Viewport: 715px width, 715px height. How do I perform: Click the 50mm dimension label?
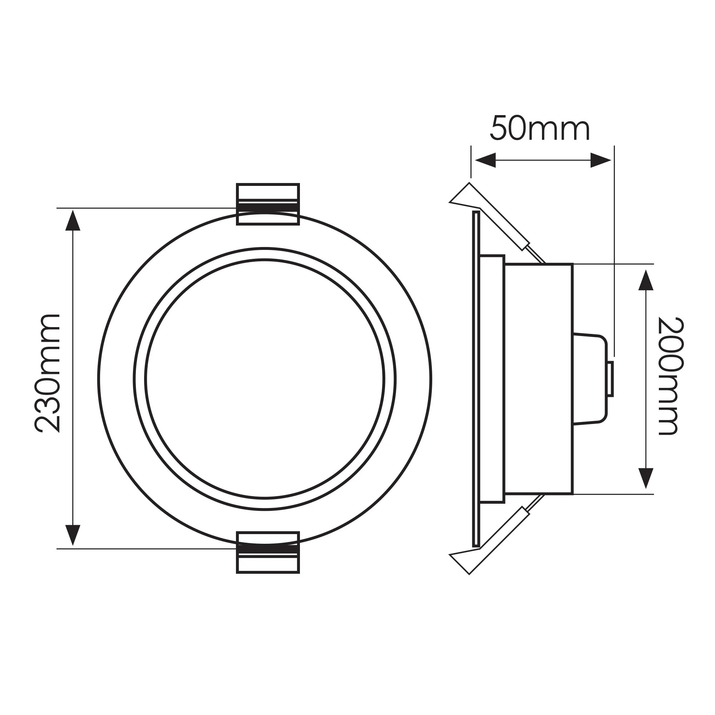tap(539, 129)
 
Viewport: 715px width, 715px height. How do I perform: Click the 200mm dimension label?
tap(671, 376)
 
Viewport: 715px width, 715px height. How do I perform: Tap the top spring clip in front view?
tap(267, 204)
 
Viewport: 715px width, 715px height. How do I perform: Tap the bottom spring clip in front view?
tap(267, 553)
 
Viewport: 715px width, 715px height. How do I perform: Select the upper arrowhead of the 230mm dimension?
tap(73, 221)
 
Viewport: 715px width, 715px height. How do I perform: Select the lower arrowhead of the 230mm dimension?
tap(73, 535)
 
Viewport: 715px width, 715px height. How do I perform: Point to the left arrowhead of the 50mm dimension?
tap(485, 160)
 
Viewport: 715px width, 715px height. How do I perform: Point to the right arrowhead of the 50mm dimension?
tap(600, 160)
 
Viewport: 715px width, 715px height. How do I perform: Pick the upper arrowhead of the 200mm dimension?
tap(646, 280)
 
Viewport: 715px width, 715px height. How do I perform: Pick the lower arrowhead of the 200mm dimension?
tap(646, 478)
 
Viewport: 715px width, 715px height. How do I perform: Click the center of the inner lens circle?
tap(265, 379)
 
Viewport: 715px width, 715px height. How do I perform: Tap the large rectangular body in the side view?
tap(539, 379)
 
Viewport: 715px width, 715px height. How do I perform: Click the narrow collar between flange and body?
tap(492, 379)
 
